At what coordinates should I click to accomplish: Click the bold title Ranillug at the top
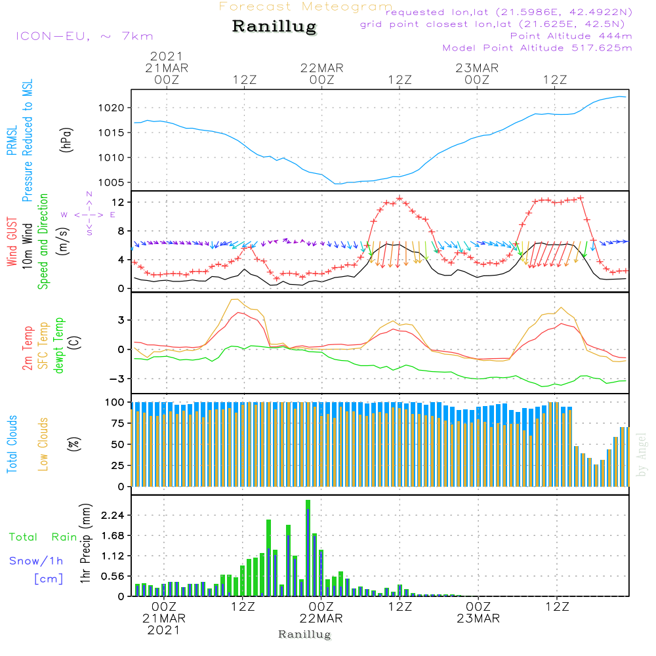[274, 27]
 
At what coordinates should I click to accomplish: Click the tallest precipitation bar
[308, 548]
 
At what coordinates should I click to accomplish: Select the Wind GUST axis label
[12, 241]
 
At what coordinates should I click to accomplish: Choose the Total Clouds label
[12, 444]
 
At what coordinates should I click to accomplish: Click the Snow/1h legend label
[37, 560]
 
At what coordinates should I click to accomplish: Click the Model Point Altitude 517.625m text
[537, 48]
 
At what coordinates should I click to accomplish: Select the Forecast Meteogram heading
[306, 7]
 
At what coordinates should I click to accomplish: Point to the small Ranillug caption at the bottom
[305, 634]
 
